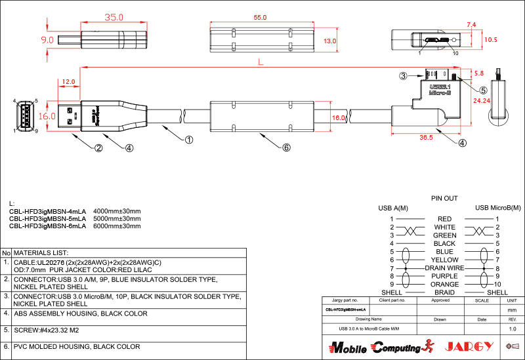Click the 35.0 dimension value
coord(114,18)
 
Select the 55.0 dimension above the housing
coord(260,18)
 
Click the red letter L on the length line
coord(261,63)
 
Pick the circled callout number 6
coord(286,148)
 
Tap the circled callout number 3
coord(404,76)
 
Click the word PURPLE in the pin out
coord(444,276)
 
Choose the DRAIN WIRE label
coord(444,268)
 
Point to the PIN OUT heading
coord(444,198)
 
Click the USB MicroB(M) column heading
coord(497,208)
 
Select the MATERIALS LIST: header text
coord(41,252)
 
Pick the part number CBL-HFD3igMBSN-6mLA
coord(47,226)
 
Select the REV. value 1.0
coord(513,328)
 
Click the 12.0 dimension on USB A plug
coord(68,82)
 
